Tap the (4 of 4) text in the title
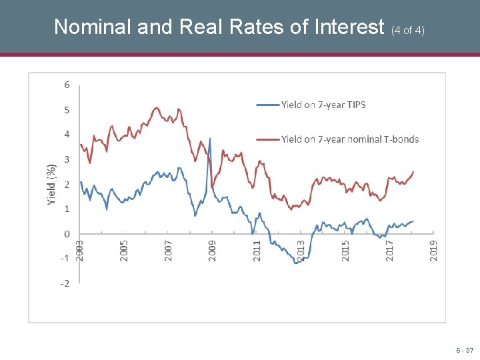coord(408,30)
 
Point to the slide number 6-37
coord(465,350)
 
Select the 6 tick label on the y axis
coord(67,85)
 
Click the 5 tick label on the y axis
coord(67,109)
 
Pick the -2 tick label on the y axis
coord(65,283)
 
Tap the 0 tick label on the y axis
coord(67,234)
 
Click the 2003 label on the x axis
coord(80,251)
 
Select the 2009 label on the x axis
coord(213,251)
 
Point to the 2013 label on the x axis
coord(301,251)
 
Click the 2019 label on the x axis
coord(434,251)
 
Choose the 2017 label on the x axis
coord(390,251)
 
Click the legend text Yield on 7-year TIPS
coord(323,104)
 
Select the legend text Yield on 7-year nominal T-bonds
coord(350,139)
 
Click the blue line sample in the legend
coord(267,105)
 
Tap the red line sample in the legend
coord(267,139)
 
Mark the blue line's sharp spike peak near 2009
coord(210,139)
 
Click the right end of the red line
coord(413,172)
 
